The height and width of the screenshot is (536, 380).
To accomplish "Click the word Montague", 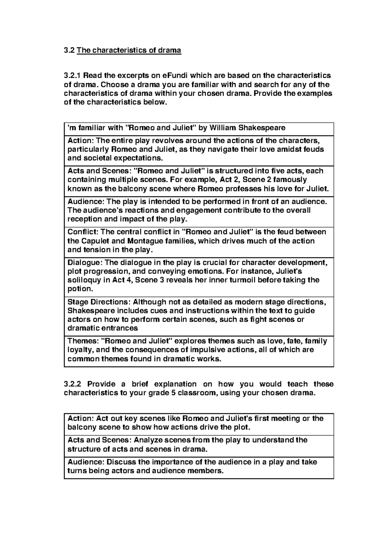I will coord(146,241).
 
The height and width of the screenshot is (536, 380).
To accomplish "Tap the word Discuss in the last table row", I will coord(121,462).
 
